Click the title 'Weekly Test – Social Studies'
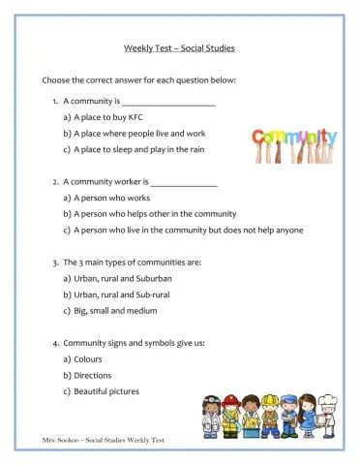179,47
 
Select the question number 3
55,263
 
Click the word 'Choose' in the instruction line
56,79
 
